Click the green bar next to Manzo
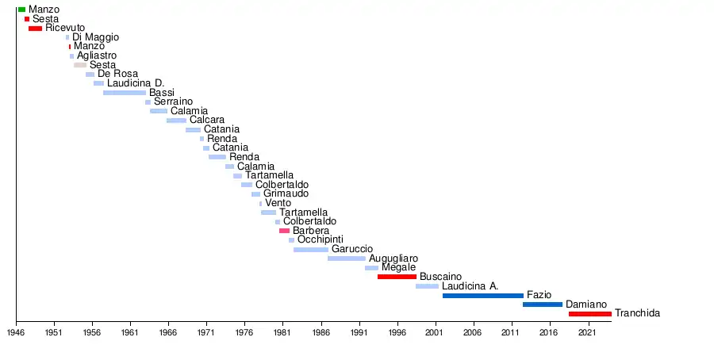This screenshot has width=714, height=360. pyautogui.click(x=21, y=10)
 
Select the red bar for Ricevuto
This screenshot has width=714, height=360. pyautogui.click(x=35, y=29)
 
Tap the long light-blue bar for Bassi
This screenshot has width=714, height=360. pyautogui.click(x=124, y=93)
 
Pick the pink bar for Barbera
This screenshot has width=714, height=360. pyautogui.click(x=284, y=231)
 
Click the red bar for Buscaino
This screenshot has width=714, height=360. pyautogui.click(x=397, y=277)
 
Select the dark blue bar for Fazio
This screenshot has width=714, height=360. pyautogui.click(x=482, y=295)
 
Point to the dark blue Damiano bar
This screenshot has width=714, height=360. pyautogui.click(x=542, y=304)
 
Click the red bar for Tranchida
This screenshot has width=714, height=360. pyautogui.click(x=589, y=314)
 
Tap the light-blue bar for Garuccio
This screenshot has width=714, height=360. pyautogui.click(x=310, y=250)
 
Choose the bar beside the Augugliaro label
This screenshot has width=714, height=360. pyautogui.click(x=346, y=259)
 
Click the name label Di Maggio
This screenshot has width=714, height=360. pyautogui.click(x=95, y=37)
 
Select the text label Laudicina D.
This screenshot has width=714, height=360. pyautogui.click(x=136, y=83)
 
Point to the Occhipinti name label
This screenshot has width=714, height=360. pyautogui.click(x=320, y=239)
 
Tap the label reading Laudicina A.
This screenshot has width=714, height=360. pyautogui.click(x=470, y=285)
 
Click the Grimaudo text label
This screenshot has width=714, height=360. pyautogui.click(x=286, y=193)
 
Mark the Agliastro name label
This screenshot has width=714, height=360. pyautogui.click(x=97, y=56)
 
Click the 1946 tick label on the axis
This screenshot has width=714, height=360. pyautogui.click(x=16, y=334)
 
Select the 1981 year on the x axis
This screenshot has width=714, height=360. pyautogui.click(x=282, y=334)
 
